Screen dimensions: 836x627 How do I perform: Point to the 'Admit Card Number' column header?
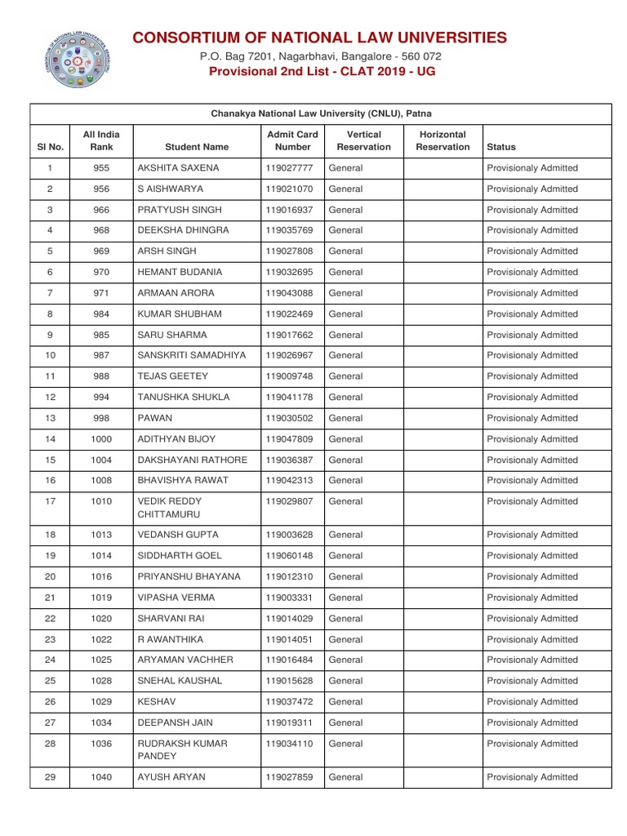[292, 140]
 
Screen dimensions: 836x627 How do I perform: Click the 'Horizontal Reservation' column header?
[442, 140]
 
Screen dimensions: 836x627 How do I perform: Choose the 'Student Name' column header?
[196, 147]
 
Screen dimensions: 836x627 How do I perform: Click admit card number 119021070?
[289, 189]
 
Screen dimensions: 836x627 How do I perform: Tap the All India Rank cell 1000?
[101, 439]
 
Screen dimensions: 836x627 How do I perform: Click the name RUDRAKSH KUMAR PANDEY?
[182, 750]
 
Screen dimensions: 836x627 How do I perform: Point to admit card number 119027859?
[289, 777]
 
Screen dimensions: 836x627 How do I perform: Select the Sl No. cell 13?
[50, 418]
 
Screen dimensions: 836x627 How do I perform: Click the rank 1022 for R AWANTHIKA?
[101, 639]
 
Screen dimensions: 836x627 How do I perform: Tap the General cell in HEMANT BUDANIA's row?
[345, 272]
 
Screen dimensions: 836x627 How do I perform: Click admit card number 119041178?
[289, 397]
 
